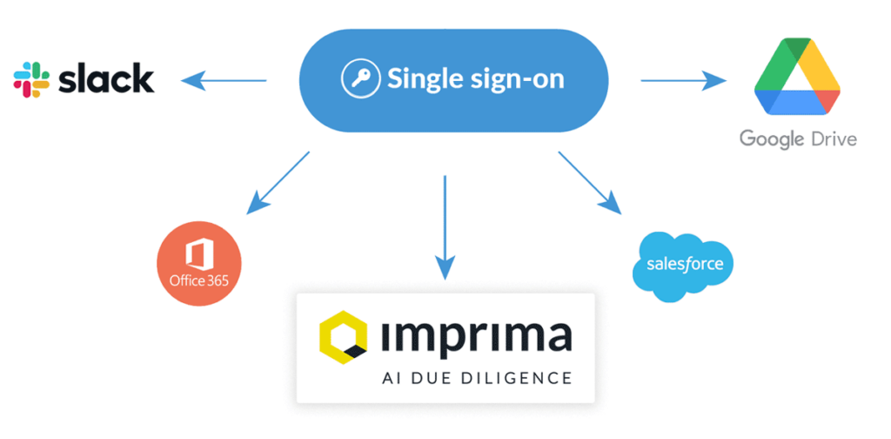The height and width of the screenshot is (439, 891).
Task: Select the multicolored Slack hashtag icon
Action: (x=31, y=79)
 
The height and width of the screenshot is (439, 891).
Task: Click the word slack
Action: (x=105, y=78)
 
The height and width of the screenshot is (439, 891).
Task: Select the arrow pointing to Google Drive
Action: (x=683, y=81)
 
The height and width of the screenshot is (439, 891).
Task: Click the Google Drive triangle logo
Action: (x=797, y=79)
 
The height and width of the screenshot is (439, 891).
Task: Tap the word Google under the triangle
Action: (x=769, y=138)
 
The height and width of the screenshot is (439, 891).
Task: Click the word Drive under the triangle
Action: (x=830, y=138)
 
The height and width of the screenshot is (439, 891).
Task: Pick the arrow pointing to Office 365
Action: (x=278, y=182)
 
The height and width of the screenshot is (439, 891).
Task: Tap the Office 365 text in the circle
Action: (x=199, y=280)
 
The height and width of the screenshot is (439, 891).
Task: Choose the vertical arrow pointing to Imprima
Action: (x=445, y=226)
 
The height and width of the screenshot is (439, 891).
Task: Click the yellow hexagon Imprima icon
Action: (x=343, y=336)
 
